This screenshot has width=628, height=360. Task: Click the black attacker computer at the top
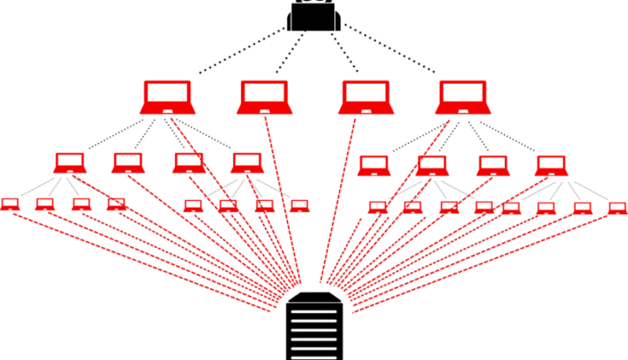(314, 15)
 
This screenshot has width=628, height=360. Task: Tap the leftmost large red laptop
(167, 97)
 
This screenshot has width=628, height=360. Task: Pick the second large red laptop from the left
(264, 97)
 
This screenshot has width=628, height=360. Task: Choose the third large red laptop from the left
(363, 97)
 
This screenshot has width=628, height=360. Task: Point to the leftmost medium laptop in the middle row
(69, 162)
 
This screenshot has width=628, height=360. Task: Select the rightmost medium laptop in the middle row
(549, 165)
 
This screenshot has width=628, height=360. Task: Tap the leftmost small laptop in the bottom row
(9, 203)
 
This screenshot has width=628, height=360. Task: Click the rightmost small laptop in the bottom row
(617, 207)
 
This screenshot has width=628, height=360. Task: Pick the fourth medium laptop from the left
(246, 162)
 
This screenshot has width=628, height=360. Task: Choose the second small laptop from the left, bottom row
(45, 203)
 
